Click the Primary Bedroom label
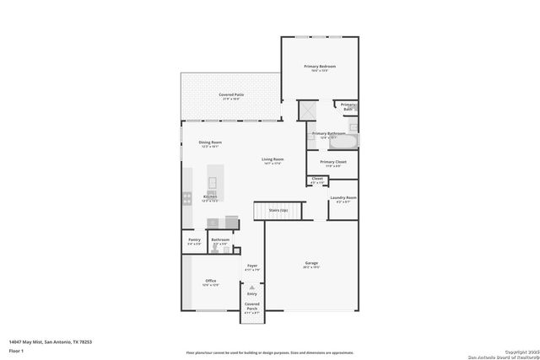319,67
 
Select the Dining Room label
210,144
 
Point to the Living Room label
272,160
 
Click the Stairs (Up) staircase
278,211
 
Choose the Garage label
311,265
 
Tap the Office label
210,282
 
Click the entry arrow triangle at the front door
251,287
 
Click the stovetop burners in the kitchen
186,199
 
